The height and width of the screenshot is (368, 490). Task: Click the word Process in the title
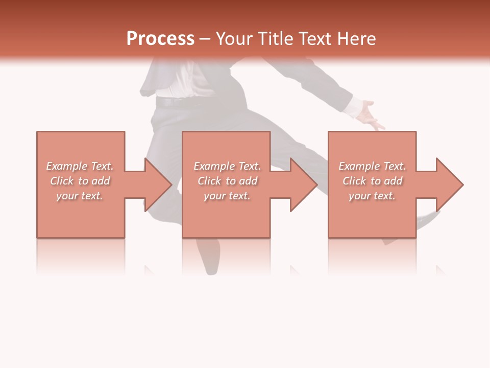coord(160,39)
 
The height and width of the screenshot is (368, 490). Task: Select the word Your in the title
coord(235,39)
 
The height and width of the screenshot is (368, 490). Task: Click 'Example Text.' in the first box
coord(80,166)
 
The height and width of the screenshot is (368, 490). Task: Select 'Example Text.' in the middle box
coord(227,166)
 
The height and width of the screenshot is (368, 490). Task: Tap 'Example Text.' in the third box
coord(372,166)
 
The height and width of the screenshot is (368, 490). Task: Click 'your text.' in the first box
coord(80,196)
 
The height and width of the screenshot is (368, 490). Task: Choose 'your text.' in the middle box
coord(227,196)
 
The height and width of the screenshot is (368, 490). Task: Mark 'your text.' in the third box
coord(372,196)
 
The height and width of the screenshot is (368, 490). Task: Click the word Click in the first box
coord(62,181)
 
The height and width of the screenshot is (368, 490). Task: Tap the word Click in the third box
coord(354,181)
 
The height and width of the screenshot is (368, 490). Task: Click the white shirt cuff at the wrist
coord(352,107)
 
